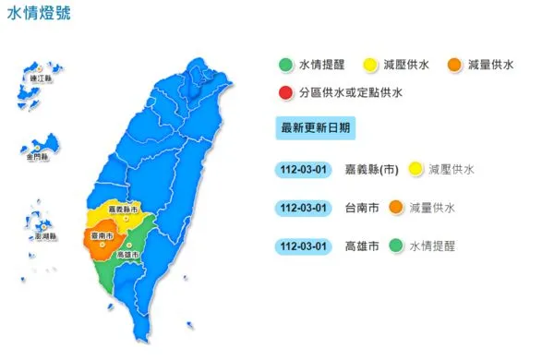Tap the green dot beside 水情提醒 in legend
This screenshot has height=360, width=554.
pyautogui.click(x=287, y=65)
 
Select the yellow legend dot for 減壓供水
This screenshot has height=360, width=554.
pyautogui.click(x=369, y=65)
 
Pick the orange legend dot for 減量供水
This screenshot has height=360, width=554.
pyautogui.click(x=452, y=65)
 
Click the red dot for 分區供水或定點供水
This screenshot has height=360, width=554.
pyautogui.click(x=287, y=92)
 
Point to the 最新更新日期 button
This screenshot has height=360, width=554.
pyautogui.click(x=315, y=127)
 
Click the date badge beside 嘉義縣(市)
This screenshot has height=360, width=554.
pyautogui.click(x=302, y=169)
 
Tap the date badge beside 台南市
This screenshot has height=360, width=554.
pyautogui.click(x=302, y=208)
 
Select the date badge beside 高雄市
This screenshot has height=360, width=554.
pyautogui.click(x=302, y=246)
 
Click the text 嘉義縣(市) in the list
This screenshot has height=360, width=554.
pyautogui.click(x=375, y=169)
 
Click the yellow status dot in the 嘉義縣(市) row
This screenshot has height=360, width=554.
pyautogui.click(x=416, y=169)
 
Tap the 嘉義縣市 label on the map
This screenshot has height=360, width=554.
pyautogui.click(x=124, y=210)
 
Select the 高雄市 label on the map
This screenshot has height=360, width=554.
pyautogui.click(x=129, y=253)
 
